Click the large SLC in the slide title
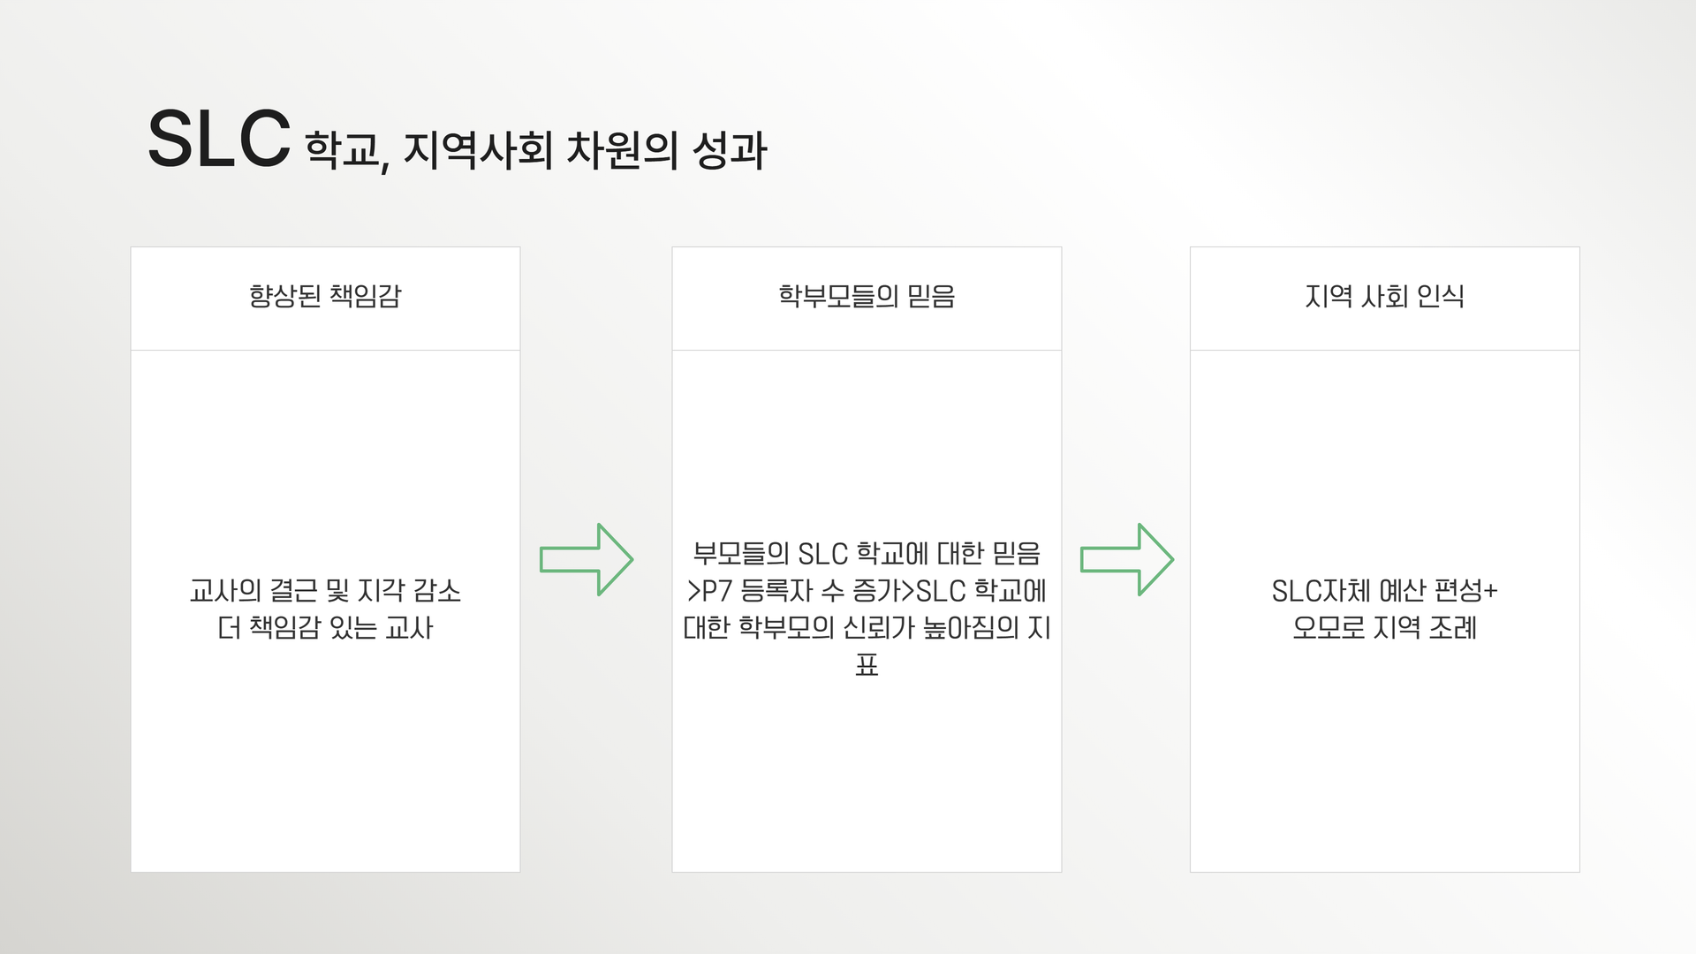point(218,139)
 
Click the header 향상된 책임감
point(325,296)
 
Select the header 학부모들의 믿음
point(867,296)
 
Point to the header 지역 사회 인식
point(1384,296)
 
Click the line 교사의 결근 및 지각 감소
point(325,590)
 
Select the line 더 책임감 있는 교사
point(325,627)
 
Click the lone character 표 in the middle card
point(867,664)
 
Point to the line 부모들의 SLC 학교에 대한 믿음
point(867,553)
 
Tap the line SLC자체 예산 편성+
point(1384,590)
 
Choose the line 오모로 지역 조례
point(1384,627)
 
